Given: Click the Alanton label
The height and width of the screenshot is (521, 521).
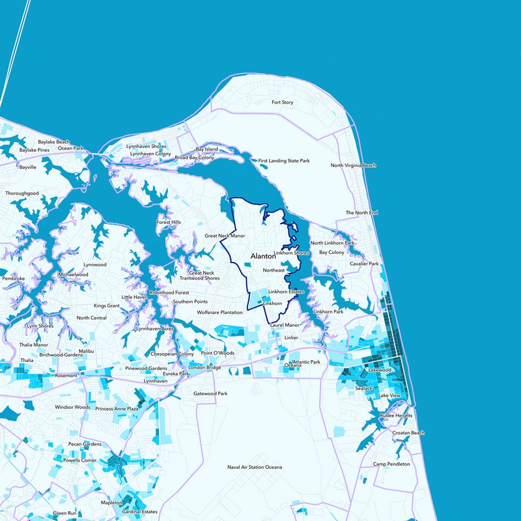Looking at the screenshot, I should (x=263, y=257).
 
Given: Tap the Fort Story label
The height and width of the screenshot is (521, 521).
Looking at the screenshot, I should (x=283, y=103).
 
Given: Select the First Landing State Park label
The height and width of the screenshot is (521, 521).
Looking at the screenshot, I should (x=284, y=160).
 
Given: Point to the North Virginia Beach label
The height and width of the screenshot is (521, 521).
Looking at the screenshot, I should (x=354, y=165).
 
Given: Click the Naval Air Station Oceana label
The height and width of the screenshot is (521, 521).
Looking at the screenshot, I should (x=255, y=468).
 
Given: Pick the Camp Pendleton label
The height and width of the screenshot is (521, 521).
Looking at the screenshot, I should (x=391, y=464).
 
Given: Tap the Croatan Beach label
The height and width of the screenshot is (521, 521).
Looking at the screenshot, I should (x=408, y=433).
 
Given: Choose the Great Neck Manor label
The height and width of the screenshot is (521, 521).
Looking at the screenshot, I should (x=225, y=236).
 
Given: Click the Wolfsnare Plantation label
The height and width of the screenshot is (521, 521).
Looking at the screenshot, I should (x=220, y=313).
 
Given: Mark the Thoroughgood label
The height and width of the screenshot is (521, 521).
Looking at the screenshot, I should (x=22, y=193).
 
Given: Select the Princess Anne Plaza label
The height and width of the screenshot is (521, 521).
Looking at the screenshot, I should (x=117, y=409).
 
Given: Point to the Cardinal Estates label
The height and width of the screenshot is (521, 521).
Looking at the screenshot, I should (x=139, y=511).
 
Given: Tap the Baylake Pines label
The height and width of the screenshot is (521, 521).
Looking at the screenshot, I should (x=35, y=150).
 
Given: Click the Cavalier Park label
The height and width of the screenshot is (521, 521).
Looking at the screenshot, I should (x=364, y=264).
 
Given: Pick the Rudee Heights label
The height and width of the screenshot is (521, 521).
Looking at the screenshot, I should (x=396, y=415).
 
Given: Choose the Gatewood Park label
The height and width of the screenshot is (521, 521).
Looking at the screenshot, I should (x=210, y=394).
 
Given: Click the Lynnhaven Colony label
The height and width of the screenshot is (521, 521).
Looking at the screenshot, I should (x=150, y=154).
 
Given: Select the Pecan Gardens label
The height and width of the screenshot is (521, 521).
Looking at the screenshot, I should (x=85, y=444).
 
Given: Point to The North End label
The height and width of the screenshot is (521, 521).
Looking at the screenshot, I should (x=361, y=213).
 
